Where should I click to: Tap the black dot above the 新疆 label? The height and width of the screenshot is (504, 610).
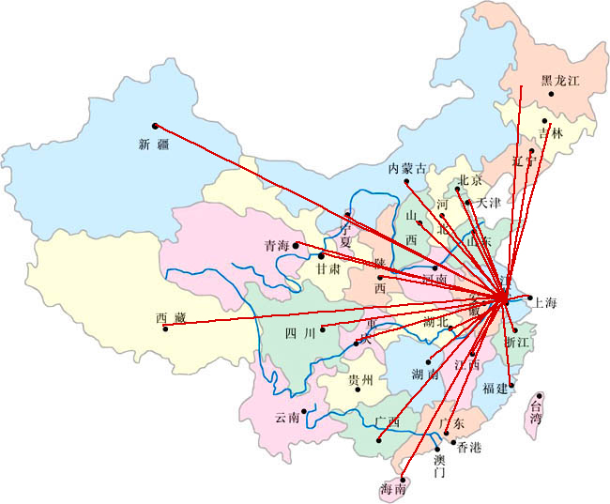[155, 125]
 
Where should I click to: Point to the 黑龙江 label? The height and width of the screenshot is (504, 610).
[561, 82]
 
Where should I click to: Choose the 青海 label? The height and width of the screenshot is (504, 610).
[277, 246]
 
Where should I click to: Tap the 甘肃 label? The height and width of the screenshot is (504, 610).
[328, 267]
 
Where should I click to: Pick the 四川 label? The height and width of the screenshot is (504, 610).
[301, 333]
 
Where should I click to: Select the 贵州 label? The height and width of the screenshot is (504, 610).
[360, 380]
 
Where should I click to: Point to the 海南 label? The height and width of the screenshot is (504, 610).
[393, 489]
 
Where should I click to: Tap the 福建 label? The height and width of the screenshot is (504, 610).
[495, 388]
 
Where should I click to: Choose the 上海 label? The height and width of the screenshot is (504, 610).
[545, 303]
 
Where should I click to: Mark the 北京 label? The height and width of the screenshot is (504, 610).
[469, 180]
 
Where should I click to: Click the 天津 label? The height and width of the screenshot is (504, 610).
[489, 203]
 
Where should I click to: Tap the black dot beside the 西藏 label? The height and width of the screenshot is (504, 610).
[165, 328]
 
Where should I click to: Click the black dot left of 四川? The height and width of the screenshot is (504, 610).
[322, 328]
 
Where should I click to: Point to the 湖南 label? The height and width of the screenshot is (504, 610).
[424, 374]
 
